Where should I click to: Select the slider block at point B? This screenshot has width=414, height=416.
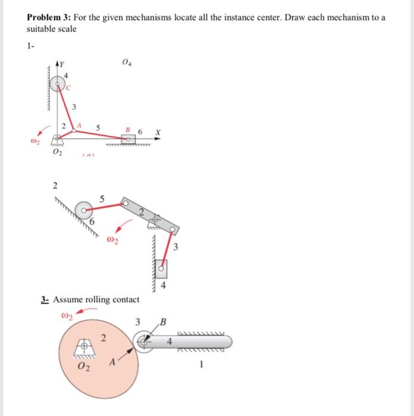(127, 138)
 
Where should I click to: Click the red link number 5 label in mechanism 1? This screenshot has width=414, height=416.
(98, 127)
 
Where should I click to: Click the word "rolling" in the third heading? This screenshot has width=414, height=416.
(93, 300)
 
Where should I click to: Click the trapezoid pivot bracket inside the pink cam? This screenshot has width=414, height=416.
(86, 346)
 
